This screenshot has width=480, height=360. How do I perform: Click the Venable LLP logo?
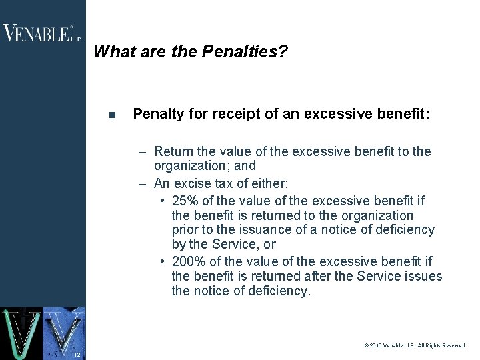click(x=41, y=33)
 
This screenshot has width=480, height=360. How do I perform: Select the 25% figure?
click(x=186, y=201)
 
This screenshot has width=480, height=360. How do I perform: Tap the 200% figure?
click(x=189, y=261)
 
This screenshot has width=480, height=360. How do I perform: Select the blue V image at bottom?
click(x=64, y=333)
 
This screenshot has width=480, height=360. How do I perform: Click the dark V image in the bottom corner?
click(x=21, y=333)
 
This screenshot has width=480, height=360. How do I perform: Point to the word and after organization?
click(x=245, y=165)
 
